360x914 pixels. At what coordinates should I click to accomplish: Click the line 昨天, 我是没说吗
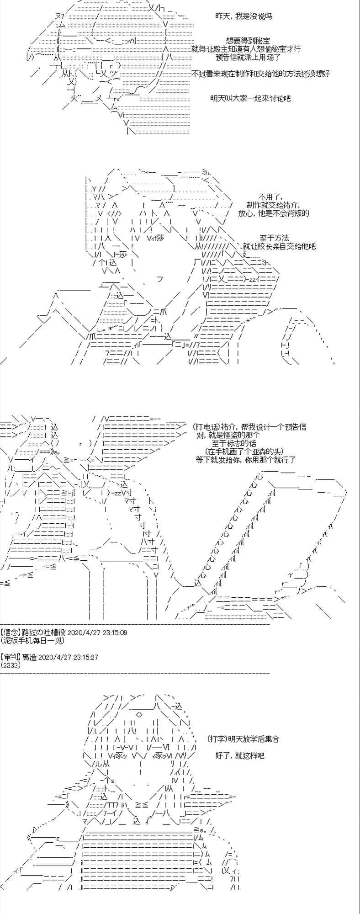point(244,16)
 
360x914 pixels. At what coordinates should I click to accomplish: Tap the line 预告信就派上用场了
point(248,57)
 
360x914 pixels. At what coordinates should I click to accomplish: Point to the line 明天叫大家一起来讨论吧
point(250,98)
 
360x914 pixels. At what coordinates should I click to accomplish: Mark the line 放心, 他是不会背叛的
point(274,213)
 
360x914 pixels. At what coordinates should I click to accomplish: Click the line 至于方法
point(274,238)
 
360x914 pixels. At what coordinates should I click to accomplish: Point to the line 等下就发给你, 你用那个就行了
point(246,460)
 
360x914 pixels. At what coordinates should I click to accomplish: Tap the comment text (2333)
point(11,665)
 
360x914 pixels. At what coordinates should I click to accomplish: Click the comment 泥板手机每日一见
point(32,640)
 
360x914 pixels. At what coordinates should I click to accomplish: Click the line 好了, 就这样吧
point(240,755)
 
